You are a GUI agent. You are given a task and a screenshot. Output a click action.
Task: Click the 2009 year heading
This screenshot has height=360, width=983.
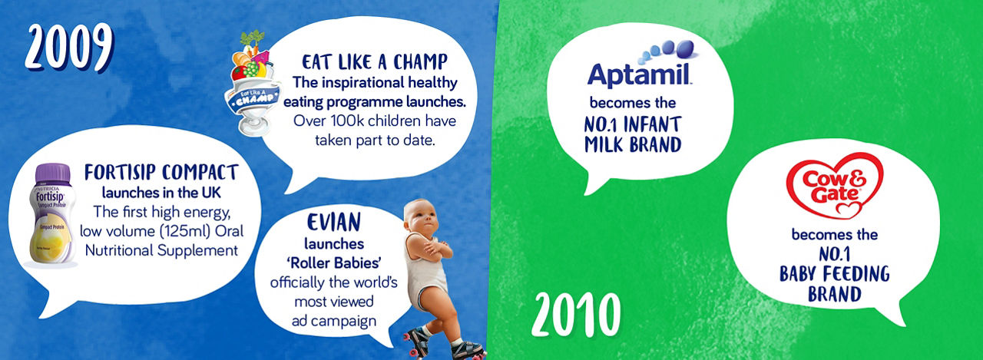pos(69,48)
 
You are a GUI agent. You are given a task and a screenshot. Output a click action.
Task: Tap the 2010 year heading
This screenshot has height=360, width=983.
pos(576,315)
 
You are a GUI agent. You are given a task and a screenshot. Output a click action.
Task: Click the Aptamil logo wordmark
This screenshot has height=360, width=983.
pos(640,75)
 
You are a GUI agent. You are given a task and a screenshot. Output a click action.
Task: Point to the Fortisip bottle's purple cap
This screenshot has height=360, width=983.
pos(53,173)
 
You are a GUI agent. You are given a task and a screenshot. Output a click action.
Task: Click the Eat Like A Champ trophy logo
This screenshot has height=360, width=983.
pos(253,84)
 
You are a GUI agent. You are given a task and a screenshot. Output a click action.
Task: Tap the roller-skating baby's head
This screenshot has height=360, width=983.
pos(421,218)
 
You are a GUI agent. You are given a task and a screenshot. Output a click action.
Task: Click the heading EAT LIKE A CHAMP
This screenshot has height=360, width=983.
pos(374,62)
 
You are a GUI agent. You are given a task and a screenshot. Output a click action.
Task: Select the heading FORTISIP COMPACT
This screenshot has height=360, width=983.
pos(161,173)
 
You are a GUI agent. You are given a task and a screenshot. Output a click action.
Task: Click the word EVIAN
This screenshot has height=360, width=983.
pos(334,223)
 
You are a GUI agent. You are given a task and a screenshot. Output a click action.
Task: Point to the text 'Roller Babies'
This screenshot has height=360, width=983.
pos(334,263)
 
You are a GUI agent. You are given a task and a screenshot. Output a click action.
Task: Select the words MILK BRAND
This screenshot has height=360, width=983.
pos(633,145)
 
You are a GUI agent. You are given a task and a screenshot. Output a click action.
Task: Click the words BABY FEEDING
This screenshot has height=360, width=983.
pos(834,274)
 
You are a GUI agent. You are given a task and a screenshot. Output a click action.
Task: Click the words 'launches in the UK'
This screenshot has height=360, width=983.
pos(161,193)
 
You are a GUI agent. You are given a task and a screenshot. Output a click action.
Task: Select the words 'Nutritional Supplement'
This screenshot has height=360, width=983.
pos(161,250)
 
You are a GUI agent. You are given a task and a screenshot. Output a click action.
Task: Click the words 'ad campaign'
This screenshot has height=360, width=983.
pos(334,321)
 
